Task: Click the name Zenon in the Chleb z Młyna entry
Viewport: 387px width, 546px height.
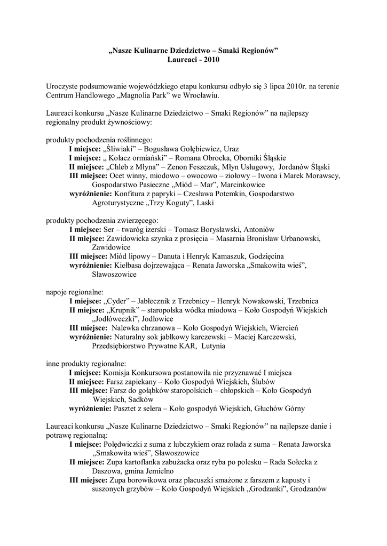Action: point(179,167)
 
